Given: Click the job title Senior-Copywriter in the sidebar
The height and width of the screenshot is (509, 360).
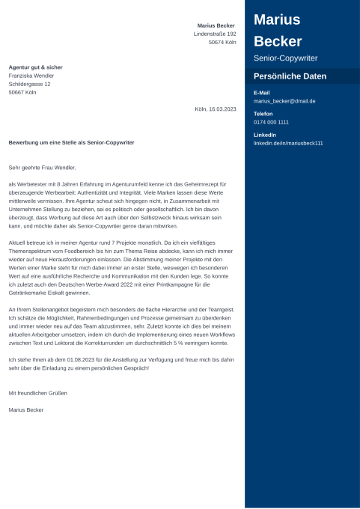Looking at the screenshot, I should pyautogui.click(x=285, y=58).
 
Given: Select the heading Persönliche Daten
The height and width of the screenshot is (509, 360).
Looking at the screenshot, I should pyautogui.click(x=290, y=76).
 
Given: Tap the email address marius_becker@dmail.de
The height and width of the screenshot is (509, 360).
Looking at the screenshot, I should pyautogui.click(x=284, y=100).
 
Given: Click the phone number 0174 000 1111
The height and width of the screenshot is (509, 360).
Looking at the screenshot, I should pyautogui.click(x=271, y=122).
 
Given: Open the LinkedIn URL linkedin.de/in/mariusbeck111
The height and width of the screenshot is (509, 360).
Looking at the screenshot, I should pyautogui.click(x=288, y=143).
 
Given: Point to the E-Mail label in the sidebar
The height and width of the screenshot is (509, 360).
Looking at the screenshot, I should pyautogui.click(x=261, y=93).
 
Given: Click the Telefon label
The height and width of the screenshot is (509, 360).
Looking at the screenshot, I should pyautogui.click(x=263, y=114).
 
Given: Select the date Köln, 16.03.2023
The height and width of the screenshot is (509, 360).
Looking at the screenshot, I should pyautogui.click(x=215, y=109).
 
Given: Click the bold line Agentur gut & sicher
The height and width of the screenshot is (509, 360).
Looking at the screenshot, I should pyautogui.click(x=35, y=67).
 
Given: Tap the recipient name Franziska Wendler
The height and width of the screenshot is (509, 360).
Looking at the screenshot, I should pyautogui.click(x=31, y=76).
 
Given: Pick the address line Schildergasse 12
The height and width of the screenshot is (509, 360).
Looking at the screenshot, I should pyautogui.click(x=29, y=84).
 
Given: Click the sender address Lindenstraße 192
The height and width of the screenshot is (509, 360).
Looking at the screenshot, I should pyautogui.click(x=215, y=34).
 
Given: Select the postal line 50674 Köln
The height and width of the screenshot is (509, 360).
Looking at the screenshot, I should pyautogui.click(x=222, y=43).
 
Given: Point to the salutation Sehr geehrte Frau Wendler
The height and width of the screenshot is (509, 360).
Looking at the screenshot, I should pyautogui.click(x=42, y=168).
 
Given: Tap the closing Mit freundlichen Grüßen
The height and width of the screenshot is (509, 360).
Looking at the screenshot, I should pyautogui.click(x=37, y=393).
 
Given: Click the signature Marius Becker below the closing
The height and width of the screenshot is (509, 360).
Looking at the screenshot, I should pyautogui.click(x=25, y=409).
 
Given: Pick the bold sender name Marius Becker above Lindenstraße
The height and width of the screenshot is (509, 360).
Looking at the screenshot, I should pyautogui.click(x=216, y=25).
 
